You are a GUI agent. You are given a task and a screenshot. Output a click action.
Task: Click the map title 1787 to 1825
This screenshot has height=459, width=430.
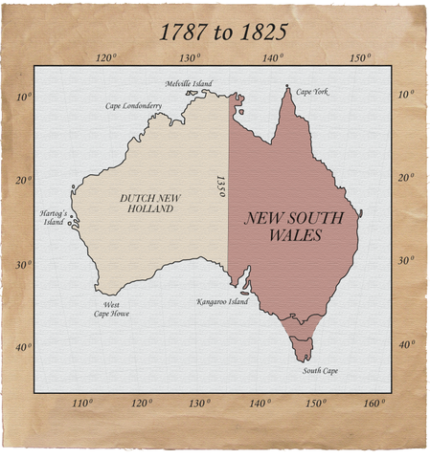[x=222, y=32]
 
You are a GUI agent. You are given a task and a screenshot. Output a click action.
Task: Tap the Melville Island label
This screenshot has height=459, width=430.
[x=188, y=83]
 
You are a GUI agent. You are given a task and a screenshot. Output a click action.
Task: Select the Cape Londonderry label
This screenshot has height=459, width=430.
[x=133, y=105]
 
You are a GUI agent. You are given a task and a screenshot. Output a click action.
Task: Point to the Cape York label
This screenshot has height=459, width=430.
[x=312, y=92]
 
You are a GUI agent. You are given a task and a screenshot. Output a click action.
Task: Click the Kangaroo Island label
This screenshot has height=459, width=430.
[x=222, y=301]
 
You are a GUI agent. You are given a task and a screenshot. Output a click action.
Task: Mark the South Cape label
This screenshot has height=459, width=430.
[x=320, y=370]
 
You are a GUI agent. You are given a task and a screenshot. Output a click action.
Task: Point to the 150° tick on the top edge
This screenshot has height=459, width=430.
[x=359, y=57]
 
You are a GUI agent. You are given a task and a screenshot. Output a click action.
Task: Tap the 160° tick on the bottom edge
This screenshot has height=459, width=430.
[x=373, y=403]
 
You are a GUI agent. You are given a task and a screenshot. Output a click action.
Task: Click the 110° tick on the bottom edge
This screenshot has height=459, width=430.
[x=83, y=403]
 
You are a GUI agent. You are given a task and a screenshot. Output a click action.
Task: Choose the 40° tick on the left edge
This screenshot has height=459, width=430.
[x=22, y=345]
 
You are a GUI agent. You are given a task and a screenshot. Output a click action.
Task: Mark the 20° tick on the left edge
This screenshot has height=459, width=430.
[x=22, y=178]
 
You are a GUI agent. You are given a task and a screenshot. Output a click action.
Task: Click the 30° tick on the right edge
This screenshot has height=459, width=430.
[x=406, y=260]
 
